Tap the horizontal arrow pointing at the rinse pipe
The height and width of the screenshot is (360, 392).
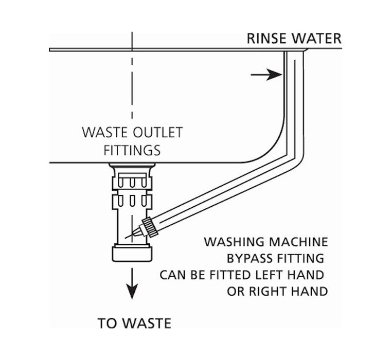click(266, 75)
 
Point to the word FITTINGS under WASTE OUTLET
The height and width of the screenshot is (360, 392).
click(132, 150)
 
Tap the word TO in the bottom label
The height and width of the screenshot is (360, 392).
click(106, 323)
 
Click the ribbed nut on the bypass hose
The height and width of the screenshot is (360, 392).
click(150, 226)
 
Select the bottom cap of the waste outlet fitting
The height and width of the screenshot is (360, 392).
click(132, 253)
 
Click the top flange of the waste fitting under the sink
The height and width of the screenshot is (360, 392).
click(132, 167)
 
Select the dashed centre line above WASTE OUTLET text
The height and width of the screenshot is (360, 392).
click(132, 77)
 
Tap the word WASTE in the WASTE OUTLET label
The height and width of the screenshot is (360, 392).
click(101, 133)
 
